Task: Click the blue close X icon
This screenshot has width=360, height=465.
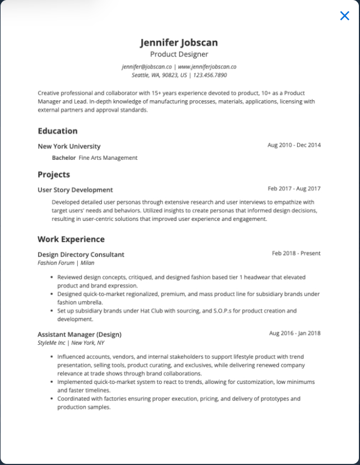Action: pos(345,16)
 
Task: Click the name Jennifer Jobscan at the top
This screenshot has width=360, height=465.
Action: pos(179,42)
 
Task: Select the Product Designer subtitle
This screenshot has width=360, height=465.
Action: pos(179,55)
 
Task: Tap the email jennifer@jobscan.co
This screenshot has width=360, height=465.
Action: pos(147,67)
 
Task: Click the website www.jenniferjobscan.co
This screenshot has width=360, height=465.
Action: pos(207,67)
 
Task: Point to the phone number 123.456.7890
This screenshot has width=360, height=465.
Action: pos(209,75)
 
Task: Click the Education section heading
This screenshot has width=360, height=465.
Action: pos(57,131)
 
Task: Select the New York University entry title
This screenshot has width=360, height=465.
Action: pos(69,147)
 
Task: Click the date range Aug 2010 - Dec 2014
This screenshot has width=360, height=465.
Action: pos(294,145)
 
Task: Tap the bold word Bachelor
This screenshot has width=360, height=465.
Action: pos(63,158)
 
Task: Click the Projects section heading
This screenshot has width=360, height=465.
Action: pos(53,175)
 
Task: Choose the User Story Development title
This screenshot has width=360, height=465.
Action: pos(75,190)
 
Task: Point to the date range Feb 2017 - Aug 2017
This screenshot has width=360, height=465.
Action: pos(294,188)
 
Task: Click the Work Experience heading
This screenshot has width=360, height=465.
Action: pos(71,239)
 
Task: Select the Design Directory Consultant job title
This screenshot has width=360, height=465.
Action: pos(80,255)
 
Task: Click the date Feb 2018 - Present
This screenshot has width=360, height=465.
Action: pos(296,253)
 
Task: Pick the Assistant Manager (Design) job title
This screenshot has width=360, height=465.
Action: pos(79,334)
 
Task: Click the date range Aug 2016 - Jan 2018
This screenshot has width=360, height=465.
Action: pos(294,333)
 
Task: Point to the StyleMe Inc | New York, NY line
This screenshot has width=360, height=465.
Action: pos(71,343)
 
